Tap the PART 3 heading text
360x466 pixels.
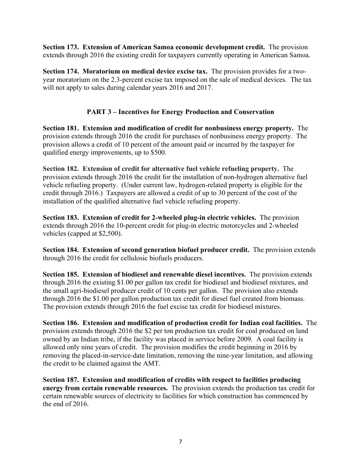pos(180,112)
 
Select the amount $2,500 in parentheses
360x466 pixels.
pos(110,234)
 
